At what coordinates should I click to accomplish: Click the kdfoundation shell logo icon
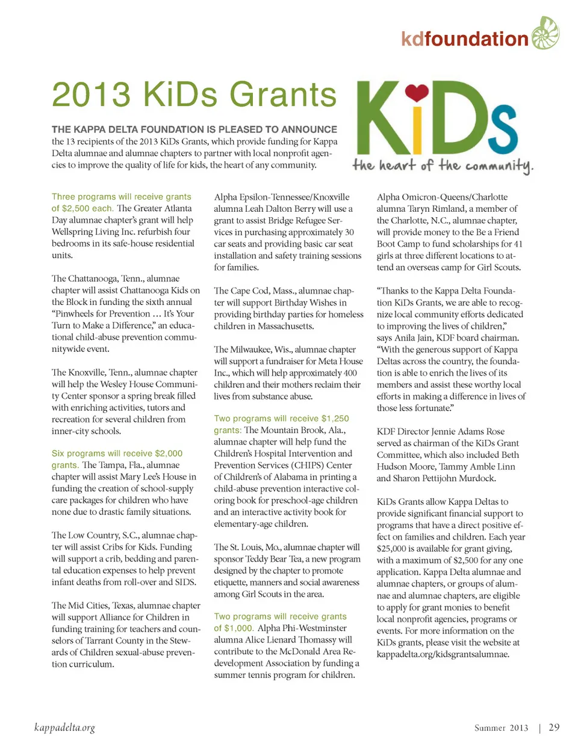point(545,33)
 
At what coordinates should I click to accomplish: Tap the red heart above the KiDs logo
point(417,93)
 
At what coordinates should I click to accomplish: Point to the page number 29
point(554,727)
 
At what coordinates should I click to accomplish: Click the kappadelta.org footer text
point(64,728)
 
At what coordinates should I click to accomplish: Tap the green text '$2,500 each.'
point(82,208)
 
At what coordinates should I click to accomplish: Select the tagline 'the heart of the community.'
point(443,165)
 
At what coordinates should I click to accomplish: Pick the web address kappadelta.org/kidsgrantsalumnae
point(443,654)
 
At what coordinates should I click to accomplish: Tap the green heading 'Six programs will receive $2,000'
point(117,453)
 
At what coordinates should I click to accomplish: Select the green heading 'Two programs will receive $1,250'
point(281,418)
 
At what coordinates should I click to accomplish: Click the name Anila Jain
point(414,338)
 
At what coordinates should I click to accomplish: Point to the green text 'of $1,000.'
point(234,628)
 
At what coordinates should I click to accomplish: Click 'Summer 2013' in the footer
point(501,728)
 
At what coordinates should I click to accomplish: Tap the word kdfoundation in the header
point(464,39)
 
